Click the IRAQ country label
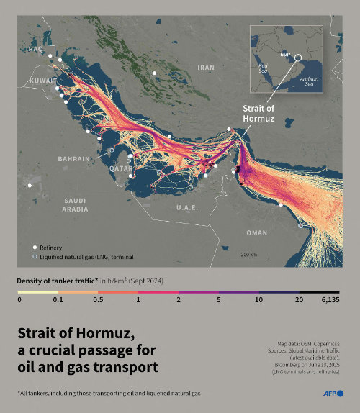[34, 49]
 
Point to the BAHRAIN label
[74, 159]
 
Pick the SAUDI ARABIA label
[75, 204]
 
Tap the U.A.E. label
[188, 207]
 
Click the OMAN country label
[256, 232]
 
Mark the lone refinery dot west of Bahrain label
[30, 186]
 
